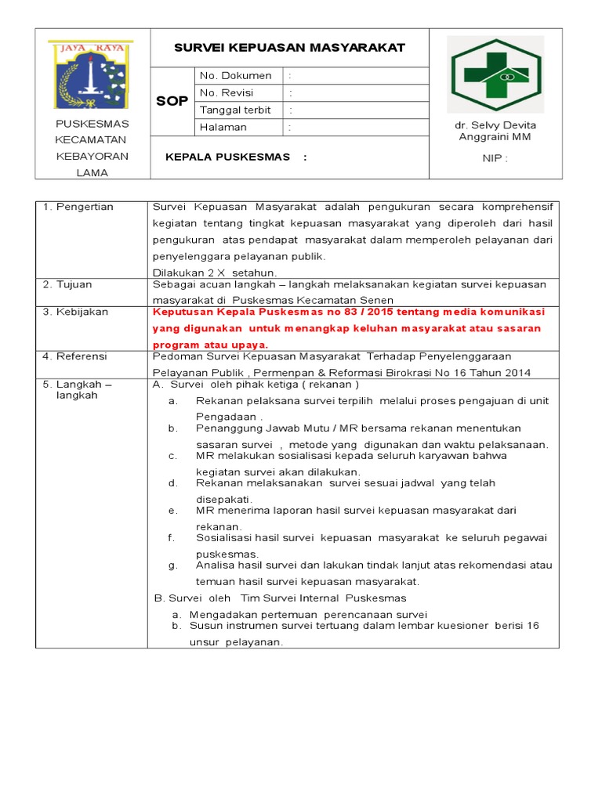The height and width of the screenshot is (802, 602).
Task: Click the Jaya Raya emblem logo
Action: pyautogui.click(x=91, y=75)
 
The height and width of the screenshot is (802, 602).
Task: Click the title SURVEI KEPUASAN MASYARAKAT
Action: pyautogui.click(x=289, y=48)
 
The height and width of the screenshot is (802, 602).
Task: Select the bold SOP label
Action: pyautogui.click(x=172, y=102)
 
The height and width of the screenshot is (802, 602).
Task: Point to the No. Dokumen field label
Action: pyautogui.click(x=236, y=76)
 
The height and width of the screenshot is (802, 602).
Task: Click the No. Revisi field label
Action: pyautogui.click(x=231, y=93)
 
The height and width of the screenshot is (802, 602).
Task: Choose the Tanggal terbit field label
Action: pyautogui.click(x=234, y=110)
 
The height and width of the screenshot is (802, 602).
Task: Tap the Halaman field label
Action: pyautogui.click(x=223, y=127)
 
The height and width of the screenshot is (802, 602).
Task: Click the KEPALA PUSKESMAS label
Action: pyautogui.click(x=228, y=157)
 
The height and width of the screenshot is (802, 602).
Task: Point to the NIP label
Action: pyautogui.click(x=495, y=159)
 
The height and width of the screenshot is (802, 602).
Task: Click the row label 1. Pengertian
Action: pyautogui.click(x=78, y=207)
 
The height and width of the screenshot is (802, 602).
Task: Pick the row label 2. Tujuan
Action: pyautogui.click(x=70, y=284)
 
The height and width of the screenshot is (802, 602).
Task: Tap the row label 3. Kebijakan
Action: pyautogui.click(x=76, y=312)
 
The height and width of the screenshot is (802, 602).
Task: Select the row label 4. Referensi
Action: pyautogui.click(x=77, y=356)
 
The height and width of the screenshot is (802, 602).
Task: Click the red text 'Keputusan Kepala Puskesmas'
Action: pyautogui.click(x=223, y=312)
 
